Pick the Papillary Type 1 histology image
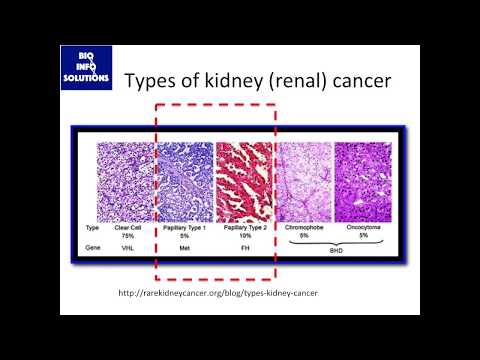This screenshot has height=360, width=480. click(x=185, y=180)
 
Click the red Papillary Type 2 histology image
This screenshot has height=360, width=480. click(x=244, y=180)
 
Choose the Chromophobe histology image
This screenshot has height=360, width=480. click(x=303, y=180)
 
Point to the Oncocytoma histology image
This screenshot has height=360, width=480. click(x=362, y=180)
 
